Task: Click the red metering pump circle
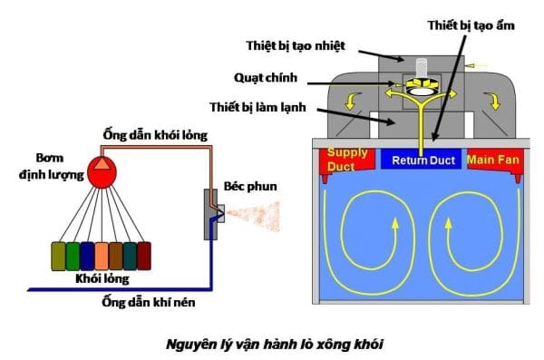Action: [102, 172]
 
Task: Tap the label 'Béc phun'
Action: [250, 187]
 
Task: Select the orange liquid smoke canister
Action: [102, 257]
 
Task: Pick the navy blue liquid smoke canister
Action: [87, 257]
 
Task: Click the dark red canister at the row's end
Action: [144, 257]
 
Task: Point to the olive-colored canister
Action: [58, 257]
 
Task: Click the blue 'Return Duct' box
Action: [422, 160]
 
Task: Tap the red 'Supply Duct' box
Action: [347, 160]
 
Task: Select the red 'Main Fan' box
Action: [495, 160]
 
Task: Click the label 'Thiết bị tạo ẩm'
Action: [471, 25]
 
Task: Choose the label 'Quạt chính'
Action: [266, 78]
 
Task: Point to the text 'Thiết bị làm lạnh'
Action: [257, 107]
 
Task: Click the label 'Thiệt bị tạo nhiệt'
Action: [296, 46]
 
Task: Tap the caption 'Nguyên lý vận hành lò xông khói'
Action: [275, 345]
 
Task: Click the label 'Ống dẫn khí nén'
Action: [149, 302]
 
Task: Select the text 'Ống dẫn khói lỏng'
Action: [155, 135]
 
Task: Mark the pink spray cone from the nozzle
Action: [253, 215]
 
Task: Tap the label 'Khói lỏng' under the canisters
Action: [102, 278]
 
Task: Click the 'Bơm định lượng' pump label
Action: [51, 166]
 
